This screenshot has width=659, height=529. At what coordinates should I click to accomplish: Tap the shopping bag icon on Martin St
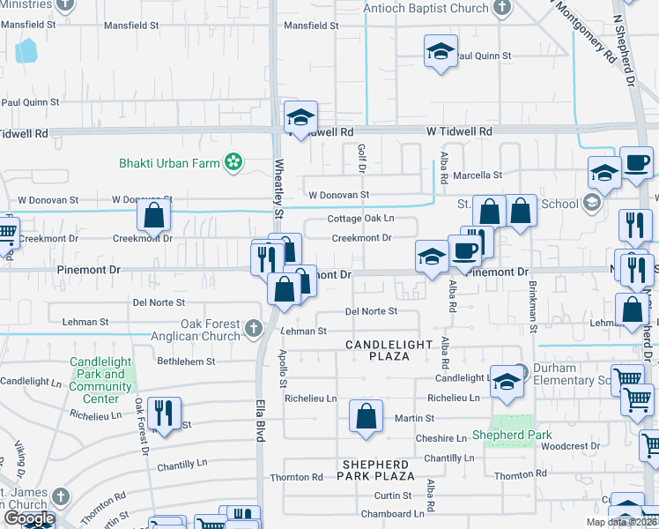[x=366, y=414]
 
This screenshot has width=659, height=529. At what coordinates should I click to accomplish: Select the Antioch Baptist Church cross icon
[x=502, y=9]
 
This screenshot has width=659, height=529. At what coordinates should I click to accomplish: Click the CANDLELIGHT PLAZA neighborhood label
[x=389, y=350]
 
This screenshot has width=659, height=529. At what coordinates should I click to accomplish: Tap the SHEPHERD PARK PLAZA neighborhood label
[x=374, y=470]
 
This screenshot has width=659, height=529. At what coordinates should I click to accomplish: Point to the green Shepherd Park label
[x=512, y=435]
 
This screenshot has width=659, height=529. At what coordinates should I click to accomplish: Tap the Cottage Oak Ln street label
[x=360, y=218]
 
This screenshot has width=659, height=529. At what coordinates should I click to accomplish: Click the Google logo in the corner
[x=28, y=518]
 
